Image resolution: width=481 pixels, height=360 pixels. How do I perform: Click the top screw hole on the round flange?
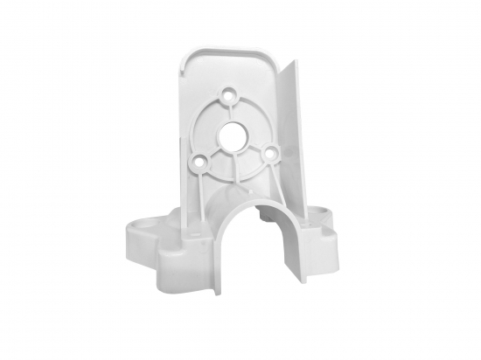[x=231, y=92]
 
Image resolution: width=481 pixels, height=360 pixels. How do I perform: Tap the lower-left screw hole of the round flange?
[x=201, y=161]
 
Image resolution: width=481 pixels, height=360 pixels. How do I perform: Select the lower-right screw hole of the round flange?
[x=270, y=155]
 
